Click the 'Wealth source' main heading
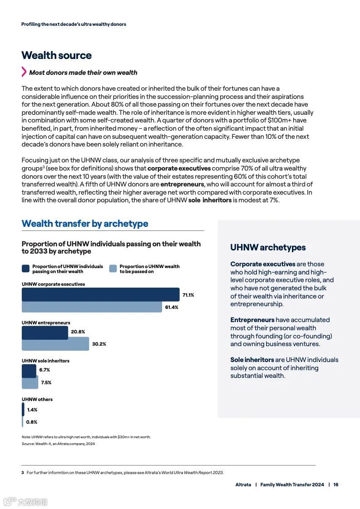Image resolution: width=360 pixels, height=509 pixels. coord(56,55)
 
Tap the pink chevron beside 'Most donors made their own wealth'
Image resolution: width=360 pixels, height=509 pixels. coord(24,72)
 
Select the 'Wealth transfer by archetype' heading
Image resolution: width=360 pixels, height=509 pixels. coord(85,224)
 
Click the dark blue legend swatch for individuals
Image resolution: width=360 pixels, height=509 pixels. coord(26,269)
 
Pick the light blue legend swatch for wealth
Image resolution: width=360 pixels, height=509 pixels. coord(113,269)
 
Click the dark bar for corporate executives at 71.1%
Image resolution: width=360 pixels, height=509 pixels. coord(100,294)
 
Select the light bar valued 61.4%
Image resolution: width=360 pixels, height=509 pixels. coord(92,307)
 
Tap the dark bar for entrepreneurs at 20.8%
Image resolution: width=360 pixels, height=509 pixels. coord(45,333)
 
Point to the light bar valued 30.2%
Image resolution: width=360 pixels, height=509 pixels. coord(55,344)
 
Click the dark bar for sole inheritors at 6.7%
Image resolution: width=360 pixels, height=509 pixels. coord(29,371)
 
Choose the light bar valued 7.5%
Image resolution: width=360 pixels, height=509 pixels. coord(30,382)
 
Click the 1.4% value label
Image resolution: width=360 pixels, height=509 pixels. coord(32,410)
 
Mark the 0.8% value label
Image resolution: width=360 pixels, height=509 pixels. coord(31,422)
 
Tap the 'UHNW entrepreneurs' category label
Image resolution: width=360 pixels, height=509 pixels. coord(46,323)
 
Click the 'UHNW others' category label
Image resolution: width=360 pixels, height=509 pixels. coord(37,399)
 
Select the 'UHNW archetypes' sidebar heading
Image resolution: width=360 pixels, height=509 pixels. coord(268,247)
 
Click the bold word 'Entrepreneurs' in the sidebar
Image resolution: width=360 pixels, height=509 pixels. coord(252,320)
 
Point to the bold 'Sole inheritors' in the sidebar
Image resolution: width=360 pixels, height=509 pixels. coord(252,360)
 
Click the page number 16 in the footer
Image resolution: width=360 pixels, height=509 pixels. coord(336,485)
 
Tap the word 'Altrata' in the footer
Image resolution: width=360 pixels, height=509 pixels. coord(243,485)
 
